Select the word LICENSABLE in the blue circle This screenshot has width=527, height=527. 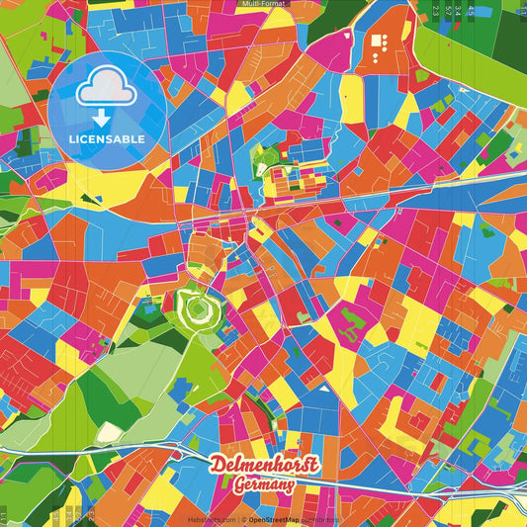coord(107,139)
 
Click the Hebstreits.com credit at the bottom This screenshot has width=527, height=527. coord(211,519)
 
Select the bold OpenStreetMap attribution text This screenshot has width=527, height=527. coord(274,519)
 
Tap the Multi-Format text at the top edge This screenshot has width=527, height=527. coord(263,4)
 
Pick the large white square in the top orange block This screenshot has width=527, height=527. coord(377,42)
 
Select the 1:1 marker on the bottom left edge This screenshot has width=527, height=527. coord(4,514)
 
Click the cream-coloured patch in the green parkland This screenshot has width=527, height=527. coord(106,433)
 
